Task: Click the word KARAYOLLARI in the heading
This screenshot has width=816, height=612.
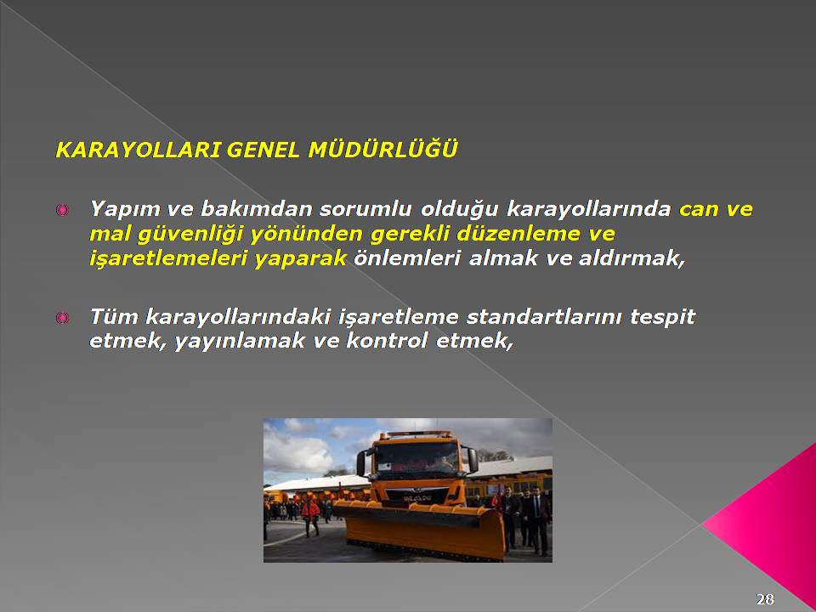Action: tap(139, 150)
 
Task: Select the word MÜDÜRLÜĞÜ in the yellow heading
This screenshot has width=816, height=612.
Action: tap(383, 149)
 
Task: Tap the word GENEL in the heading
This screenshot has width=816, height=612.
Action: tap(263, 150)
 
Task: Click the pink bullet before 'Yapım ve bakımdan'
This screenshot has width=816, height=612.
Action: tap(62, 210)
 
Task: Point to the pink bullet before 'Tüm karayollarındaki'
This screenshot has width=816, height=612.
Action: tap(62, 317)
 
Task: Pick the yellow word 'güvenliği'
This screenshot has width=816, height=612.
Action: tap(190, 235)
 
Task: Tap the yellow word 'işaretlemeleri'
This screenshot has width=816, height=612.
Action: tap(169, 258)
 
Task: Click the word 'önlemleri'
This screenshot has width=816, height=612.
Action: tap(407, 258)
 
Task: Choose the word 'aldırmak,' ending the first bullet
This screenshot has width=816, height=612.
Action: tap(632, 258)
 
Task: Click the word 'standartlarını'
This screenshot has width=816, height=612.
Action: tap(544, 317)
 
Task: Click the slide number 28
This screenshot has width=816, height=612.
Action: tap(765, 599)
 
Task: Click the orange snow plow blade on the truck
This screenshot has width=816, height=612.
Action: tap(419, 530)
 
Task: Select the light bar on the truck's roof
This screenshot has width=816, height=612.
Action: tap(418, 433)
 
